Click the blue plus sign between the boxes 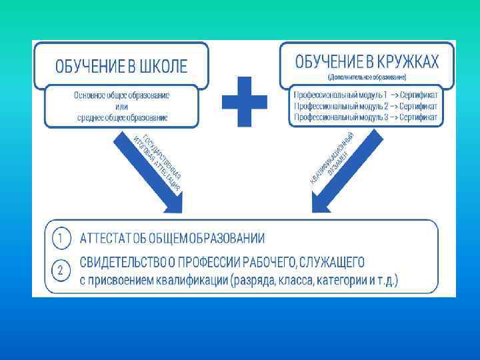click(x=244, y=101)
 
